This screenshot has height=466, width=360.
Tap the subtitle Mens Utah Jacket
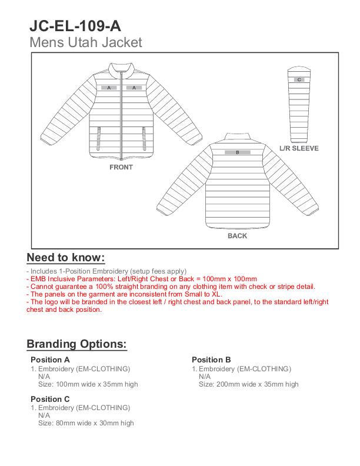[85, 42]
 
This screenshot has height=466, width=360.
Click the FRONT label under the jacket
[121, 167]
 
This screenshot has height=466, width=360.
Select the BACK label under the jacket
[237, 236]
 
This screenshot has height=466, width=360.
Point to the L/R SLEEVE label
[299, 148]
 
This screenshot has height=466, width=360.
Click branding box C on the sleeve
[299, 79]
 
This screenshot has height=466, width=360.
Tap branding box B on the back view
[237, 152]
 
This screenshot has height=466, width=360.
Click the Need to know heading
[66, 258]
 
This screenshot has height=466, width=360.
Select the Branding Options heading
[76, 344]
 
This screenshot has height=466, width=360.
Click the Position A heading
[50, 360]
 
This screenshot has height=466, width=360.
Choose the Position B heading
[211, 360]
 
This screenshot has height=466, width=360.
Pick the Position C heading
[50, 399]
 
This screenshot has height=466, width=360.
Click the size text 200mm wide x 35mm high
[248, 384]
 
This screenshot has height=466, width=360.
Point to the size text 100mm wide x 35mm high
[88, 384]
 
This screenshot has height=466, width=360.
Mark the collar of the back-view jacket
[238, 136]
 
